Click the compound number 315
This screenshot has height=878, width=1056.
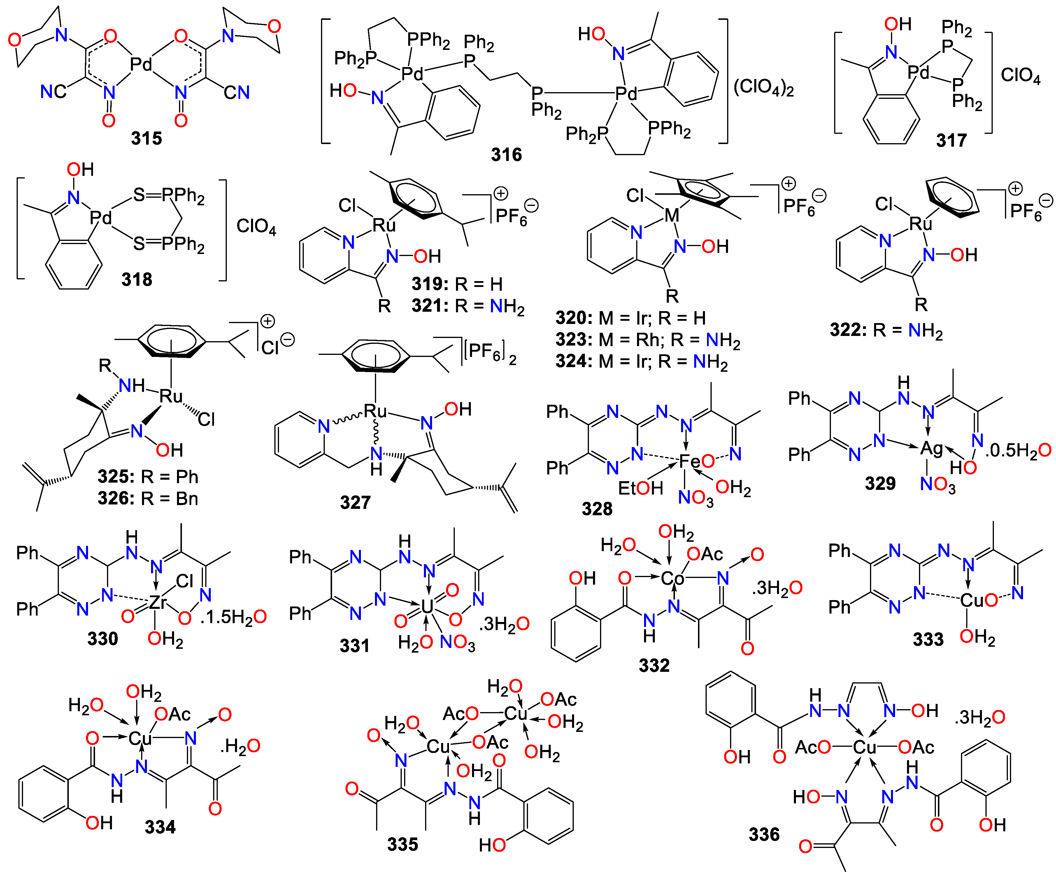[146, 138]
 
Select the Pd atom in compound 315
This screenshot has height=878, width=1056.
[141, 64]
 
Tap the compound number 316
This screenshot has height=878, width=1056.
[506, 154]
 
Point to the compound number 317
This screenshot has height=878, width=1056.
[951, 140]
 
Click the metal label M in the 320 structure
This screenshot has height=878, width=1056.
[672, 215]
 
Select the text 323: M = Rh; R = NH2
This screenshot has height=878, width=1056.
[648, 340]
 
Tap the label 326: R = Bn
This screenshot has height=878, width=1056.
[148, 498]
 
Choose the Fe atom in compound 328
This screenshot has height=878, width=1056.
[690, 461]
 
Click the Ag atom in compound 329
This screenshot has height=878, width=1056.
[931, 448]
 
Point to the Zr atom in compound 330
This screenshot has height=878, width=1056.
[158, 602]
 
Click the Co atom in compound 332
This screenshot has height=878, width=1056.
[672, 578]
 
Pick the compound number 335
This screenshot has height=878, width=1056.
[402, 844]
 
